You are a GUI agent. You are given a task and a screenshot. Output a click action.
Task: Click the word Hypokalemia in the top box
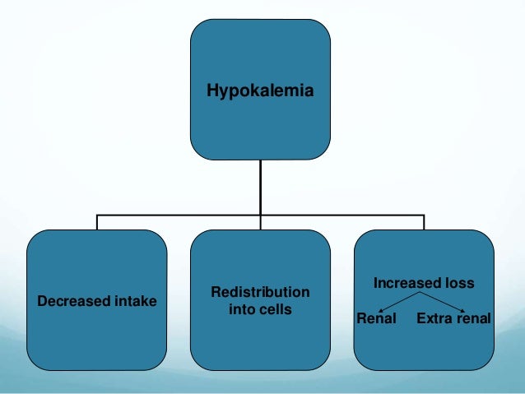click(x=259, y=92)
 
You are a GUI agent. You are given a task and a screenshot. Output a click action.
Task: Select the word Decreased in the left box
click(x=68, y=301)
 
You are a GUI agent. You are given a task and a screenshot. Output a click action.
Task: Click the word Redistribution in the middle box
click(x=260, y=292)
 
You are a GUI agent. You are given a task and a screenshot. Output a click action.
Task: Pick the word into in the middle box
click(x=242, y=310)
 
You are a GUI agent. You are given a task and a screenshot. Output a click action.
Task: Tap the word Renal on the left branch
click(x=376, y=318)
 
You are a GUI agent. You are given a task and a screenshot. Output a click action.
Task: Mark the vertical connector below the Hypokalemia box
click(x=260, y=186)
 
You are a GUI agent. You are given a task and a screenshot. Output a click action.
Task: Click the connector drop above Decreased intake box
click(x=97, y=222)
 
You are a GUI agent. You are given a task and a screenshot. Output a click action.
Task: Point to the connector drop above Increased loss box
click(x=424, y=222)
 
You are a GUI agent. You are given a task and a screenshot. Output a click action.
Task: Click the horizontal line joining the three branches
click(x=181, y=216)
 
